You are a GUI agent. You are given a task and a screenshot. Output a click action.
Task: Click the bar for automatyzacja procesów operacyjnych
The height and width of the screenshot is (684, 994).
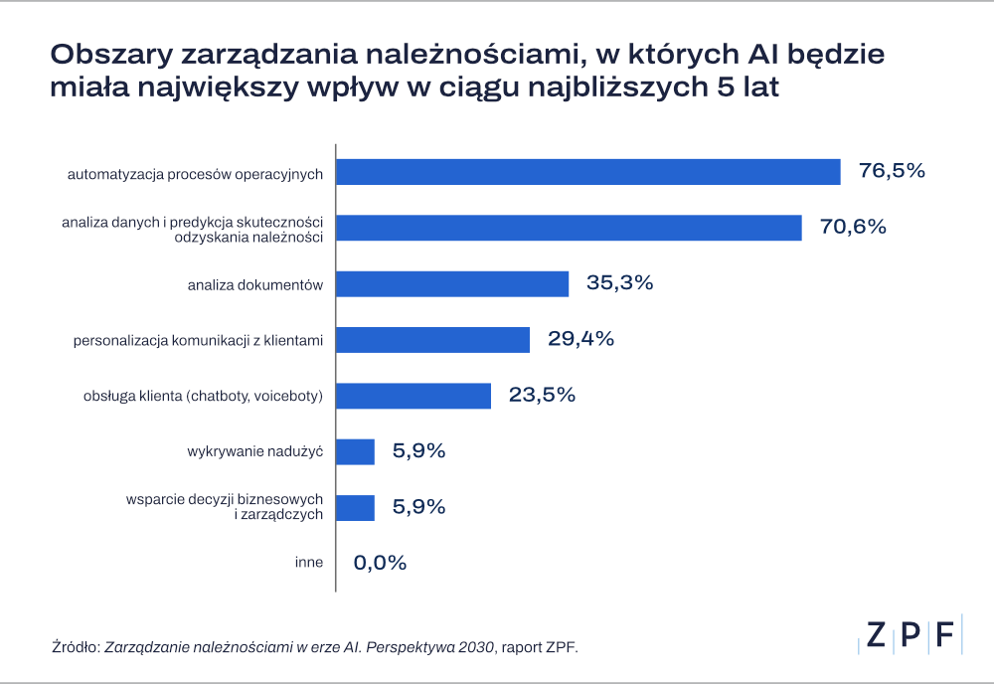coord(588,172)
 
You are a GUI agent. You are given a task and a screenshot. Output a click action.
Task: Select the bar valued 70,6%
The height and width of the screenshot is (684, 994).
coord(569,228)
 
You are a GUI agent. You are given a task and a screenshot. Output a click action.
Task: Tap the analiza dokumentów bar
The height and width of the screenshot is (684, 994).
coord(452,283)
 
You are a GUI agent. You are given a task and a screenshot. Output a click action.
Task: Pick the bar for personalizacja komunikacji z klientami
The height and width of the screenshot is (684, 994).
coord(433,340)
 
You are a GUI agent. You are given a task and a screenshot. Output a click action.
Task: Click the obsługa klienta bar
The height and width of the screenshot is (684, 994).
coord(414,396)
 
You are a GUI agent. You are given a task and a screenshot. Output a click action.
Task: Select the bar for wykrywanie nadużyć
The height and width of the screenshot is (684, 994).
coord(355,452)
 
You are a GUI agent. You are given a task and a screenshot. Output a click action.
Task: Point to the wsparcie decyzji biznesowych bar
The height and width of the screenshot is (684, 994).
coord(355,508)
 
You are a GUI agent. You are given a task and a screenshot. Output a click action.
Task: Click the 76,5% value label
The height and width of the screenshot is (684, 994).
coord(892,171)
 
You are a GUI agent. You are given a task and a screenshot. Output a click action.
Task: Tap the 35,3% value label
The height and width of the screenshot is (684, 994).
coord(620,282)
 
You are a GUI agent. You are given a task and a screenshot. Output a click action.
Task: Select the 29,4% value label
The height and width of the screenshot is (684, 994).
coord(580,338)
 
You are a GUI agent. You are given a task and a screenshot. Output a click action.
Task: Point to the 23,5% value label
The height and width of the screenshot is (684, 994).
coord(542,395)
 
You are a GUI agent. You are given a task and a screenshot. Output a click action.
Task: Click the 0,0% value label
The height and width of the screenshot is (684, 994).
coord(380,563)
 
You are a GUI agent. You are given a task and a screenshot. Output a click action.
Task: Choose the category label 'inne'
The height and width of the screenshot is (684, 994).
coord(309,563)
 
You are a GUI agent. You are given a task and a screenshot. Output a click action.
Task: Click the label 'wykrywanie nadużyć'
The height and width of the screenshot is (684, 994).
coord(254,451)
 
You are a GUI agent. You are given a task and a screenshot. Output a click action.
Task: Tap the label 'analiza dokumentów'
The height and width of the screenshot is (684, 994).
coord(254,285)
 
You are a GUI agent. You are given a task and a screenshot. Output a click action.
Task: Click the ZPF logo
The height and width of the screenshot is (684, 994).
coord(911,634)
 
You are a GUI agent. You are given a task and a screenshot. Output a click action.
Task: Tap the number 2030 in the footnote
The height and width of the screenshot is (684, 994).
coord(476,647)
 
